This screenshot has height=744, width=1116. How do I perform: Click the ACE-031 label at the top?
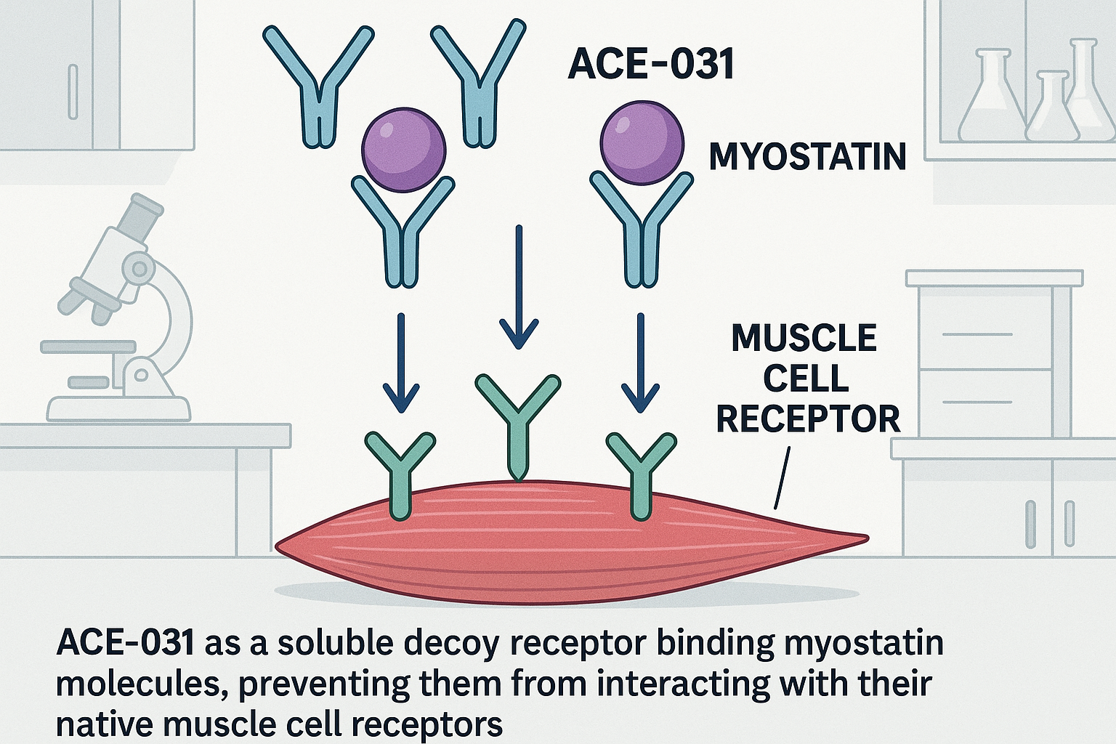click(650, 63)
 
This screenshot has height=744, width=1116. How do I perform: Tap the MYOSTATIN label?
click(807, 157)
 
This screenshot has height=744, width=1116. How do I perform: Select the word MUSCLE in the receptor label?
click(804, 339)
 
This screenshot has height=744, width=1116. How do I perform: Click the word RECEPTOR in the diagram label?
click(808, 419)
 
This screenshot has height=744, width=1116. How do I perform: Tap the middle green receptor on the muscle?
click(517, 421)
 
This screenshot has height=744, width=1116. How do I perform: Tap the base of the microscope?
click(118, 408)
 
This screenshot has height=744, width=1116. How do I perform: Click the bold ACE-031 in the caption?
click(125, 643)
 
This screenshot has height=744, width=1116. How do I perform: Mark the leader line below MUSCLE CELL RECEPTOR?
click(782, 478)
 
